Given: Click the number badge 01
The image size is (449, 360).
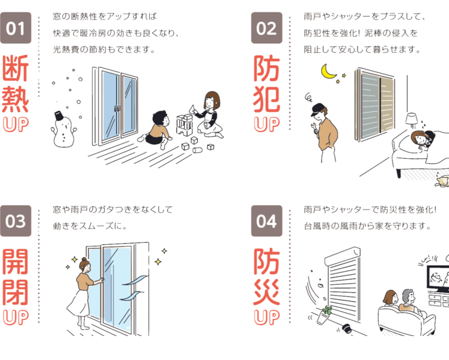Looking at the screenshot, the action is click(x=16, y=28).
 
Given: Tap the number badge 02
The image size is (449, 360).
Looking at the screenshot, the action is click(x=267, y=28).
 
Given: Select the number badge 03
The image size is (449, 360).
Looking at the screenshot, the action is click(x=16, y=221).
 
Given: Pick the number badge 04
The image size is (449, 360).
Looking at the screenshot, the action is click(x=267, y=221).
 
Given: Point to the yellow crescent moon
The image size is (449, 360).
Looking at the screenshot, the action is click(x=328, y=71).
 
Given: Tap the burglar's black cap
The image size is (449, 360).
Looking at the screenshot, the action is click(x=319, y=109).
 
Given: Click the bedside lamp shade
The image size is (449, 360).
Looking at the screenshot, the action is click(x=412, y=119).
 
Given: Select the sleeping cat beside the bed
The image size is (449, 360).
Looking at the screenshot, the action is click(x=442, y=181).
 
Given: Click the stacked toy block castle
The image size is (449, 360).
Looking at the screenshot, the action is click(x=185, y=125).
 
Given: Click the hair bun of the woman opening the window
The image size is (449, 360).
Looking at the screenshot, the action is click(x=84, y=260).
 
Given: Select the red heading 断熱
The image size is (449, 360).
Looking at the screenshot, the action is click(x=16, y=84).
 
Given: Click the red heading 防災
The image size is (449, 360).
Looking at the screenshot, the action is click(x=267, y=276).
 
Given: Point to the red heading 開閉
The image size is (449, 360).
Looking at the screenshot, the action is click(x=16, y=276).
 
